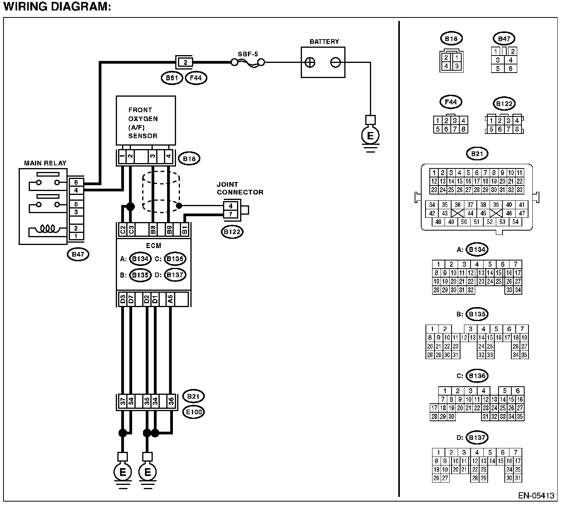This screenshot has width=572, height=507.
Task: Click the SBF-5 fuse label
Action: [248, 54]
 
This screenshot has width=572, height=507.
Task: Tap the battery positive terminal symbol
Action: [310, 63]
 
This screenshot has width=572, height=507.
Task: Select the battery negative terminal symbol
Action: [335, 63]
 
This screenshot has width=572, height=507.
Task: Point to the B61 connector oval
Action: [172, 78]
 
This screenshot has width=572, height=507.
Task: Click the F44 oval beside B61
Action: [196, 78]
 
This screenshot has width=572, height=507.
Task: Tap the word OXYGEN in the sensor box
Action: [143, 119]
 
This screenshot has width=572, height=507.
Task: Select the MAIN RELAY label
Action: [45, 163]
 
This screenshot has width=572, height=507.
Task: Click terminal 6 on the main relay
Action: [76, 182]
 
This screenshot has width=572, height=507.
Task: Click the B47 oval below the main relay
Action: [78, 254]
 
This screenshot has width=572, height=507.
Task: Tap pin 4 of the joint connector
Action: [231, 206]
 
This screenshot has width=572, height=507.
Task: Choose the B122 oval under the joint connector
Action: [232, 232]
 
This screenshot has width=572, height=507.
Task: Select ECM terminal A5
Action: [170, 299]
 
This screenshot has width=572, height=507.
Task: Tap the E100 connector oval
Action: [194, 412]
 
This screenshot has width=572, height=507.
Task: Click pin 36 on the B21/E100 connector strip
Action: [171, 401]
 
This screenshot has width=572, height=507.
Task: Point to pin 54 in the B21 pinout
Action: [516, 222]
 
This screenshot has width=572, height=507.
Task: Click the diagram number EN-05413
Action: [536, 496]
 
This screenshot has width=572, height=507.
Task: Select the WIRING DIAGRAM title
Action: [57, 7]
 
